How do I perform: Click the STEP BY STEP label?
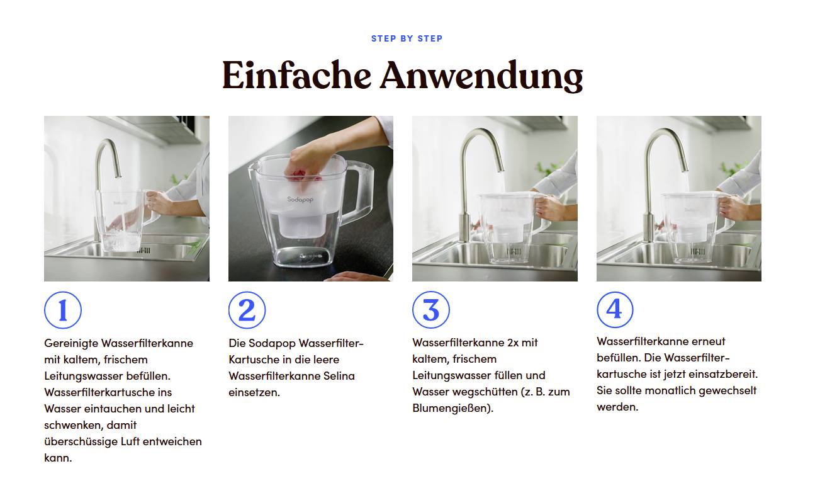point(407,38)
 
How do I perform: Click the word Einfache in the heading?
point(296,76)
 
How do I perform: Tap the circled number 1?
point(63,310)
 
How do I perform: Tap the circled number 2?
point(247,310)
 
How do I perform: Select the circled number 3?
point(430,310)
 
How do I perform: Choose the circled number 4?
point(614,309)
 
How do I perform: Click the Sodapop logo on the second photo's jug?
point(300,199)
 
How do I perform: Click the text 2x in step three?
point(514,343)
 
